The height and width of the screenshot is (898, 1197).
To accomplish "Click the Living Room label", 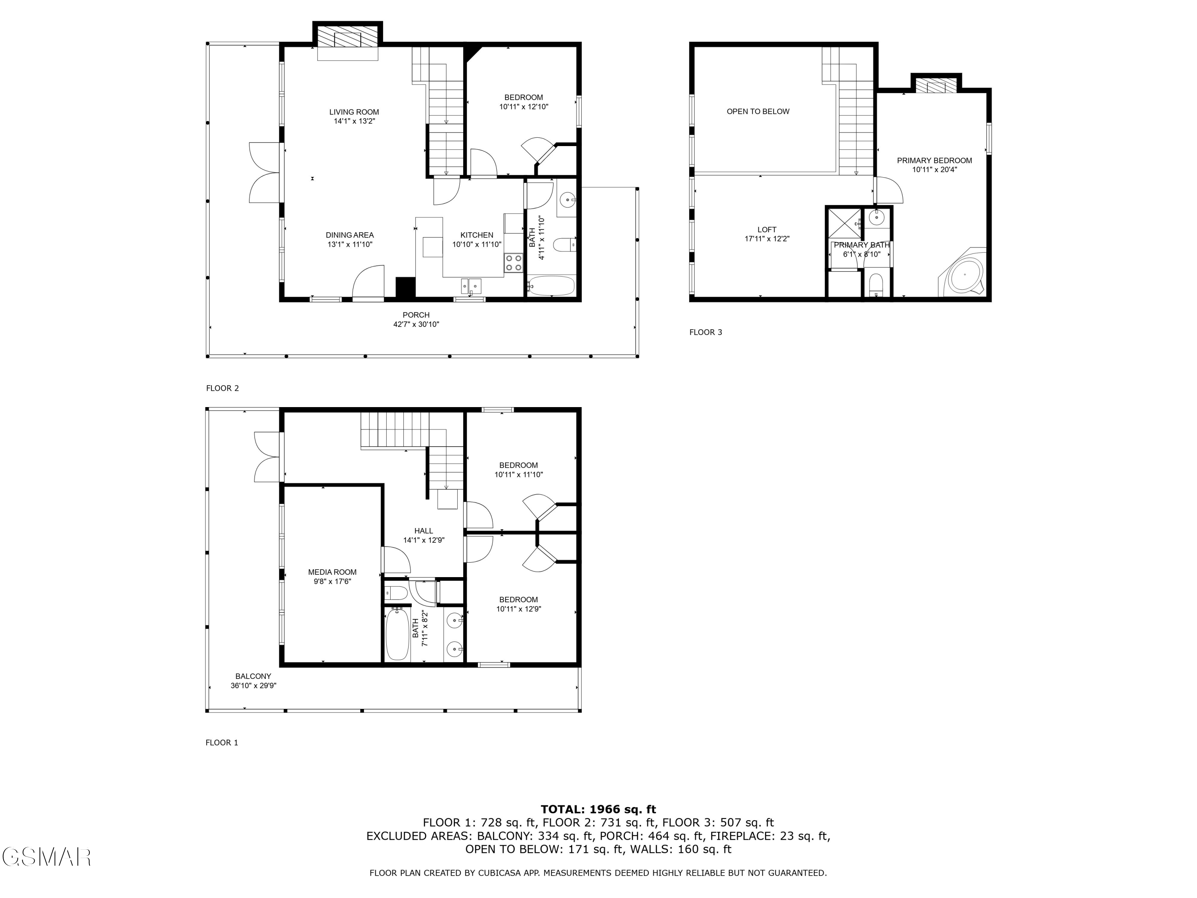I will (354, 112).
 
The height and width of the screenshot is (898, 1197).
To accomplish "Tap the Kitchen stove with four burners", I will (513, 263).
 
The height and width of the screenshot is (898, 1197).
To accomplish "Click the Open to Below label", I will (758, 111).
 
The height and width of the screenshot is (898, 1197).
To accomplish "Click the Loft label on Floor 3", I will (767, 229).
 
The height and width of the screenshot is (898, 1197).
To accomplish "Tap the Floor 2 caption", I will (222, 388).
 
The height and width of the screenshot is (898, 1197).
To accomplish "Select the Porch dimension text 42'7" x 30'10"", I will (416, 324).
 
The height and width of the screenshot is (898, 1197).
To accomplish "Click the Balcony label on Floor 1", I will (253, 676).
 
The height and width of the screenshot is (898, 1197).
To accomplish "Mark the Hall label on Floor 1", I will (423, 530).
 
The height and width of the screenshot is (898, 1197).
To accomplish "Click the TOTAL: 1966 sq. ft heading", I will (598, 809).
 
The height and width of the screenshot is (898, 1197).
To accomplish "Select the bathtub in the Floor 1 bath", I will (397, 633).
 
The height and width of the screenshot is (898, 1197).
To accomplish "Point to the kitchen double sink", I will (471, 286).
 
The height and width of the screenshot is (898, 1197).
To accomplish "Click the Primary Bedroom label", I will (934, 160).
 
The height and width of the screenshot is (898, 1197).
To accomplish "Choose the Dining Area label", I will (350, 235).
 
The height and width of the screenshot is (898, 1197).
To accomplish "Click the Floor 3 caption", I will (705, 332).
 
